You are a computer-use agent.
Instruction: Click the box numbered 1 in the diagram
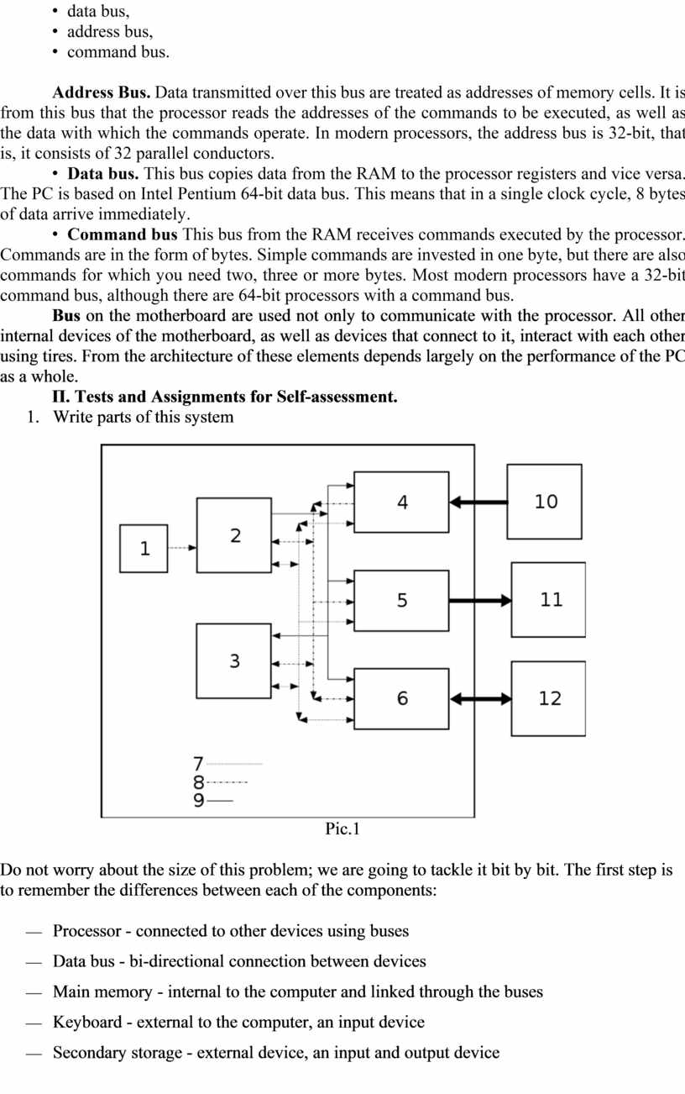tap(144, 549)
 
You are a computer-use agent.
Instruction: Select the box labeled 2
tap(234, 535)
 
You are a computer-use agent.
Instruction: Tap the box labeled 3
tap(234, 660)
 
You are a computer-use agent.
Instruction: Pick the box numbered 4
tap(401, 502)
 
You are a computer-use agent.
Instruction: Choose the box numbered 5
tap(401, 600)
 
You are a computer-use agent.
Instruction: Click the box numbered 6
tap(401, 698)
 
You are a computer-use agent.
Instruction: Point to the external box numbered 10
tap(545, 502)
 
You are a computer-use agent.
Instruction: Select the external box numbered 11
tap(549, 600)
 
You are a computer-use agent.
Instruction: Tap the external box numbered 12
tap(549, 698)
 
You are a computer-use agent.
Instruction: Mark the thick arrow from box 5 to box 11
tap(480, 600)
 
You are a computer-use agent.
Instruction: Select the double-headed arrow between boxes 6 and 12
tap(480, 698)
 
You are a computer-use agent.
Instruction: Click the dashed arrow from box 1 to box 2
tap(181, 548)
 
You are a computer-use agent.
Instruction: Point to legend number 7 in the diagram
tap(199, 764)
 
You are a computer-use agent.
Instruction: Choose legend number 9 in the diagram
tap(199, 801)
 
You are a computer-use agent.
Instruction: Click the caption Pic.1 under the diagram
tap(342, 829)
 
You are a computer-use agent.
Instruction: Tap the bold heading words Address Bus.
tap(102, 92)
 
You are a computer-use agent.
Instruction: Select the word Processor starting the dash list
tap(90, 931)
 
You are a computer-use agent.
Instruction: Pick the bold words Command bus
tap(123, 234)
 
